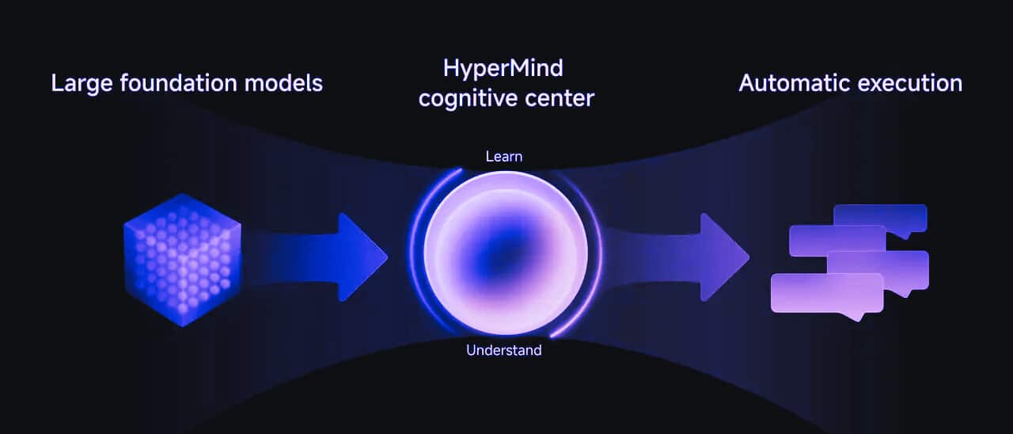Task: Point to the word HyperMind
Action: pos(503,68)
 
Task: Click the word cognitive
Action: pos(473,99)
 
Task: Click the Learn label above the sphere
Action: pos(504,157)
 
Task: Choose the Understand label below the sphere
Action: pos(504,350)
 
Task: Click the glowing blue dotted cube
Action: pos(182,259)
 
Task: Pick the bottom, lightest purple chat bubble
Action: pos(827,292)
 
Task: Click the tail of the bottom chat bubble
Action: pos(852,316)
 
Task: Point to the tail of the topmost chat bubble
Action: pos(917,234)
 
